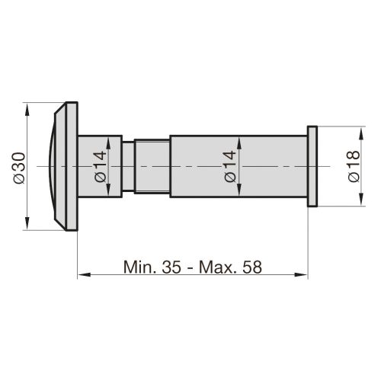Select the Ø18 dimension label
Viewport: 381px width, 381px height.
tap(353, 166)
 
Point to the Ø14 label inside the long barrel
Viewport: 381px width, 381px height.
tap(230, 166)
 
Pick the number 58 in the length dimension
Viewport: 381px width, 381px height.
tap(251, 267)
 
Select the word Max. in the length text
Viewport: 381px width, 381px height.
tap(217, 267)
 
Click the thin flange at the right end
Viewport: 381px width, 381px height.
tap(312, 167)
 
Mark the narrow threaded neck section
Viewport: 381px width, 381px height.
tap(152, 166)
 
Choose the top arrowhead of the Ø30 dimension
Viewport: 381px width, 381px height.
tap(28, 109)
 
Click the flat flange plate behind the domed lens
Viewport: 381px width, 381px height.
tap(72, 166)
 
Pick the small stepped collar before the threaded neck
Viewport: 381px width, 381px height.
tap(130, 166)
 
